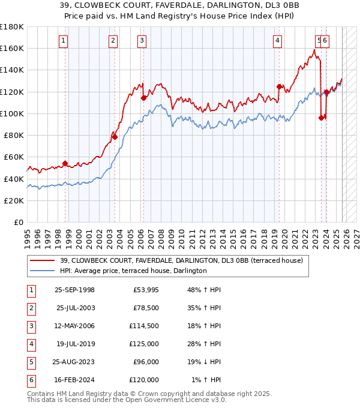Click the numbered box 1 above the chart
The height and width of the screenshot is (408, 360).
click(x=63, y=41)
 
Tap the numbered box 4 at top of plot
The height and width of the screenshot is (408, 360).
click(x=278, y=41)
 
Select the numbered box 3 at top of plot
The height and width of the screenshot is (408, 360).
click(x=142, y=41)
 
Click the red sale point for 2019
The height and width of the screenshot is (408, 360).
click(x=279, y=86)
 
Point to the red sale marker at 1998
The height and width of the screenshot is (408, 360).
click(x=65, y=163)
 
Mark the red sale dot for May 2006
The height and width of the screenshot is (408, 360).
click(x=143, y=98)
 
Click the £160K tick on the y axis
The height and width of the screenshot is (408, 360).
click(x=12, y=48)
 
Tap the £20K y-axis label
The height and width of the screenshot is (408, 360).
click(x=14, y=200)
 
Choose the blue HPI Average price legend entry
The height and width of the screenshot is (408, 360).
click(x=133, y=271)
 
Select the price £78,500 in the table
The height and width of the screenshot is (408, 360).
click(x=145, y=308)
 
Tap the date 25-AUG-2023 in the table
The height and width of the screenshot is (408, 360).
click(x=74, y=362)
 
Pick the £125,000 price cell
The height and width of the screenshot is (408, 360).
click(x=144, y=344)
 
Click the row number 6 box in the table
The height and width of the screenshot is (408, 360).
click(x=30, y=380)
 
